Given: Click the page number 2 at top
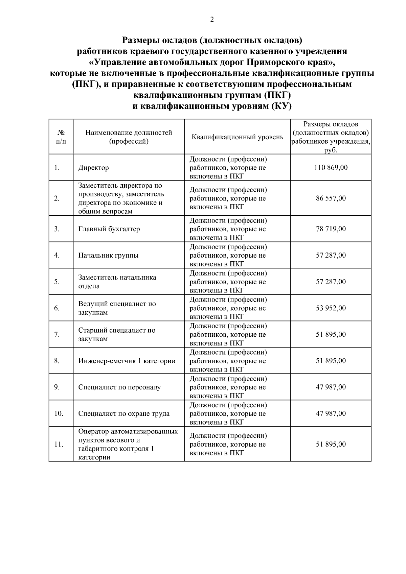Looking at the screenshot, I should pos(212,20).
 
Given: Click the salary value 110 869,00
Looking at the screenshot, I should pos(331,168).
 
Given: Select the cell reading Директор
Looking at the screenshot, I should pos(94,168).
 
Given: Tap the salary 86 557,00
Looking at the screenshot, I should pos(331,198).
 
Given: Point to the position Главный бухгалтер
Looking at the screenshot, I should pos(109,229).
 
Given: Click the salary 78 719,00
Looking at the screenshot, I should pos(331,229).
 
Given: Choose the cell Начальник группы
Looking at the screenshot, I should pos(108,255).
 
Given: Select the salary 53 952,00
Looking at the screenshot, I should pos(331,308).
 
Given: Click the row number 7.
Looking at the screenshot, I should pos(57,335).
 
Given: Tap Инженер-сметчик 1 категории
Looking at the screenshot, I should pos(127,361).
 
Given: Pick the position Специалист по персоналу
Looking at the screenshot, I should pos(119,387).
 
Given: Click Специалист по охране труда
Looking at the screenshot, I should pos(124,413).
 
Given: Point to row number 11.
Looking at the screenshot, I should pos(59,445).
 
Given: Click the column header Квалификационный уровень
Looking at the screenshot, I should pos(237,137).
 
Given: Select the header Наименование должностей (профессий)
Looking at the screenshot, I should pos(129,137).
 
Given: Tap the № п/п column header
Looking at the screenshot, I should pos(61,137).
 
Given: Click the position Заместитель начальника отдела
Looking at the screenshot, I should pos(117,282).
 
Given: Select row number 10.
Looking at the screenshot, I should pos(59,413).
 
